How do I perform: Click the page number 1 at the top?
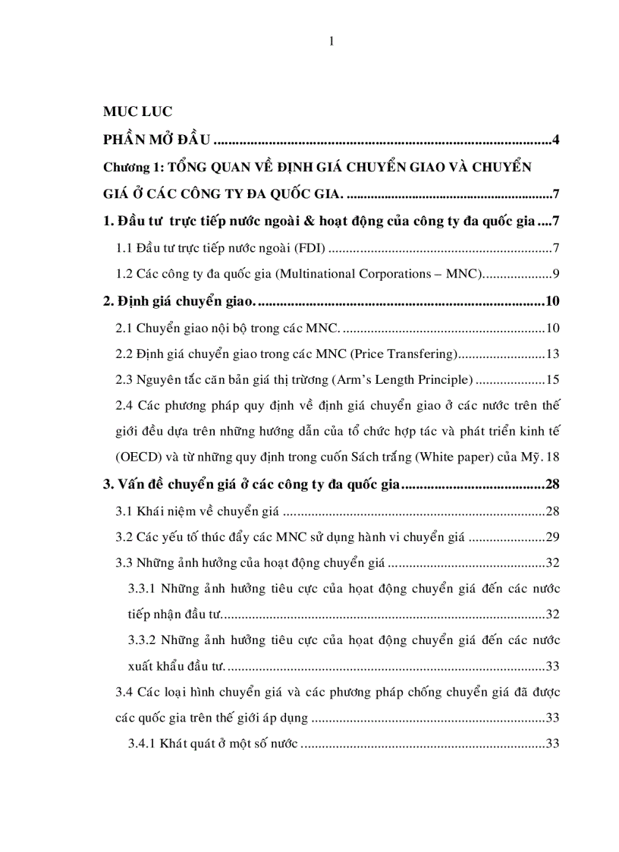pyautogui.click(x=331, y=42)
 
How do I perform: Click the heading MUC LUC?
pyautogui.click(x=137, y=112)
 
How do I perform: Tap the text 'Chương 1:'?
pyautogui.click(x=131, y=167)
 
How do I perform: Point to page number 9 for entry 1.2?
pyautogui.click(x=556, y=275)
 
